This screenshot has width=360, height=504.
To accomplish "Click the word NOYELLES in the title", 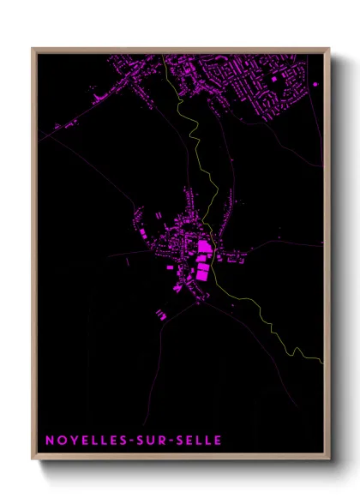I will tap(84, 441).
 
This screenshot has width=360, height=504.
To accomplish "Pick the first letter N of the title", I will tap(49, 441).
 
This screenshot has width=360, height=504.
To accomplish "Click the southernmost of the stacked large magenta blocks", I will tap(202, 274).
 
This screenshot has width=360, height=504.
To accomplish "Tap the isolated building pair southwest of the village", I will tap(161, 315).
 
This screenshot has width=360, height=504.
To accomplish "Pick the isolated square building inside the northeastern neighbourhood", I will tap(274, 79).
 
